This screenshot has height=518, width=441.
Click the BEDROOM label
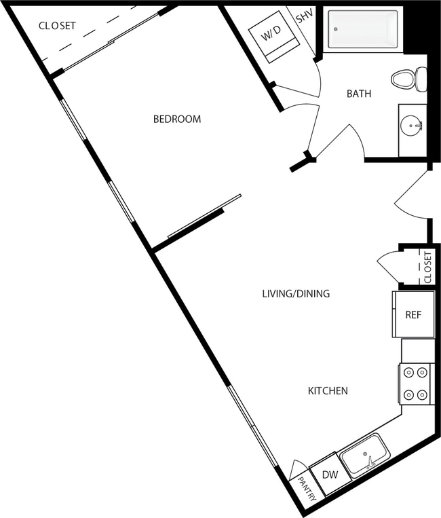[177, 119]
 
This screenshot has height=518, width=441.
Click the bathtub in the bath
[362, 29]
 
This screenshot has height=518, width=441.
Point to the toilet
[408, 79]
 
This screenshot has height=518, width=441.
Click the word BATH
[359, 94]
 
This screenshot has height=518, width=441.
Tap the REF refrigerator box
[413, 315]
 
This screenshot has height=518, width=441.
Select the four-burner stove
[415, 384]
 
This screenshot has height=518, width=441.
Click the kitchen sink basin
[365, 456]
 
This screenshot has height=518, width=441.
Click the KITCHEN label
[328, 391]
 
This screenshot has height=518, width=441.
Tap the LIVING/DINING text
[296, 294]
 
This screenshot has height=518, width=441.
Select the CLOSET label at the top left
[57, 26]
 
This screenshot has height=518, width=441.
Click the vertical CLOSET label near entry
[427, 267]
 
